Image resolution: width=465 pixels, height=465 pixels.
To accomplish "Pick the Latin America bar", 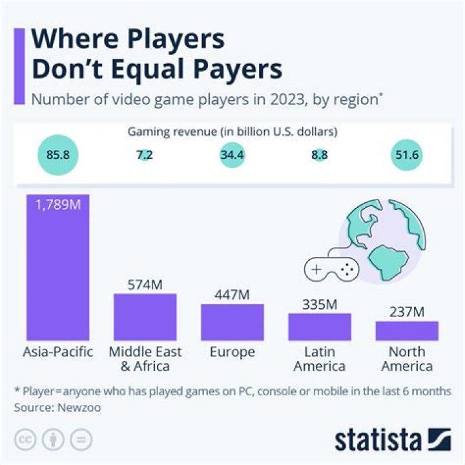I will pyautogui.click(x=319, y=327).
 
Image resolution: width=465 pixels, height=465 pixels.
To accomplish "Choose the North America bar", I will pyautogui.click(x=407, y=331).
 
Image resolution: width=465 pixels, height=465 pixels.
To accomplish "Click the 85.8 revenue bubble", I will pyautogui.click(x=57, y=156).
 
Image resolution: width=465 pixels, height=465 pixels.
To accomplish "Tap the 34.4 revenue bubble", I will pyautogui.click(x=232, y=156).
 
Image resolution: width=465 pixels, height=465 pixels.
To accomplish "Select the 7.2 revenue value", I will pyautogui.click(x=145, y=156).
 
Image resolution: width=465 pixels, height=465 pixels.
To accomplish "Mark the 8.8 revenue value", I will pyautogui.click(x=319, y=156).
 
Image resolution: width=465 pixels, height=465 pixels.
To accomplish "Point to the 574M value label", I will pyautogui.click(x=145, y=285).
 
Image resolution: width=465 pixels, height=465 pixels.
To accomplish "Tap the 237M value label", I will pyautogui.click(x=407, y=313).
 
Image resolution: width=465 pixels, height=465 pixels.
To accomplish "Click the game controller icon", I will pyautogui.click(x=331, y=269).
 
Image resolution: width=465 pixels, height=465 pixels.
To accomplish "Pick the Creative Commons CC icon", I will pyautogui.click(x=24, y=440).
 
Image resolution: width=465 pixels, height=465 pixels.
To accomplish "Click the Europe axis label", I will pyautogui.click(x=232, y=353).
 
